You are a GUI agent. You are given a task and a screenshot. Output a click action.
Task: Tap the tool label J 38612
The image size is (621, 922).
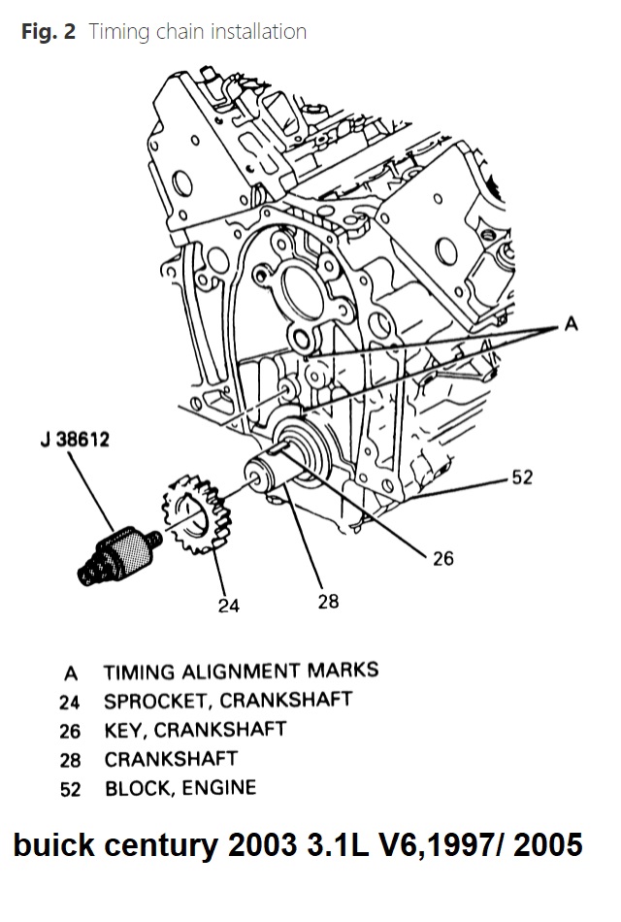(70, 440)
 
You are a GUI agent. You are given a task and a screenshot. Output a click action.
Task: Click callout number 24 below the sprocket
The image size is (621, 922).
(229, 605)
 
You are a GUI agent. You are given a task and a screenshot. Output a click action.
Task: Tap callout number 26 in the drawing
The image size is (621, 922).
(442, 559)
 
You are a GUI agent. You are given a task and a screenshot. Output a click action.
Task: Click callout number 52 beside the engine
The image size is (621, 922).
(523, 477)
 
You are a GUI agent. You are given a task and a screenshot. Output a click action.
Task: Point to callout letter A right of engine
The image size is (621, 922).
(571, 325)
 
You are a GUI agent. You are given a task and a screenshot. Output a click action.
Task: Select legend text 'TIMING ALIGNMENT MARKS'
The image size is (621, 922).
(241, 671)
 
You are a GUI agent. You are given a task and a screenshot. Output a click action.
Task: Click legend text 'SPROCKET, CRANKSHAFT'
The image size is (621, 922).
(228, 700)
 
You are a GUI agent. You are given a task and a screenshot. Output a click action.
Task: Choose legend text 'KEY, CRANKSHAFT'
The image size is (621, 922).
(195, 729)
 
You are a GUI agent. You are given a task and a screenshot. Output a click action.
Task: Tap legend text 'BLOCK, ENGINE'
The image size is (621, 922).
(180, 787)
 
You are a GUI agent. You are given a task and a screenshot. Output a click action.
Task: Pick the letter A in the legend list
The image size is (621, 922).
(70, 672)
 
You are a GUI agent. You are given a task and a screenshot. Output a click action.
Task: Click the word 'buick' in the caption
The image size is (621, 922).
(49, 845)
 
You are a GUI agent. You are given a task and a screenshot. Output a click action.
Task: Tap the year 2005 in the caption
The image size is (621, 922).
(548, 845)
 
